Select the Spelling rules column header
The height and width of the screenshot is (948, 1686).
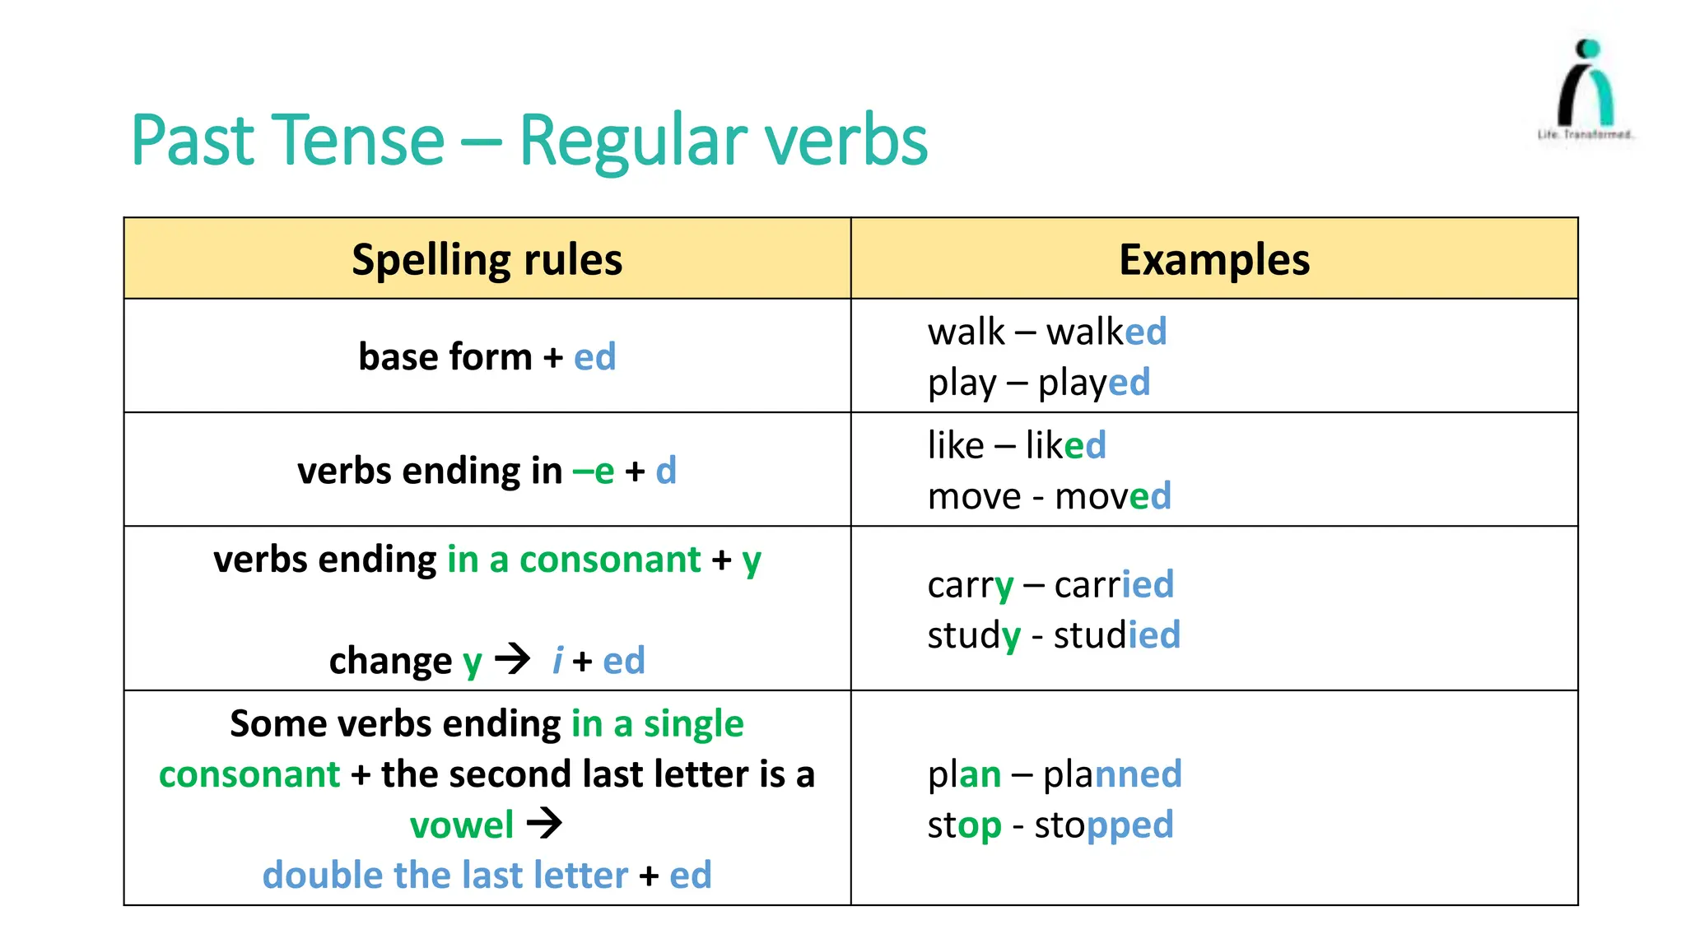click(x=487, y=260)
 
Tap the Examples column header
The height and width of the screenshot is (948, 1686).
click(x=1213, y=260)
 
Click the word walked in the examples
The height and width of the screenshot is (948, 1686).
click(x=1106, y=332)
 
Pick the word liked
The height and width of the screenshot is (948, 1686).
click(x=1065, y=446)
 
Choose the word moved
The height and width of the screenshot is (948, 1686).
click(x=1112, y=497)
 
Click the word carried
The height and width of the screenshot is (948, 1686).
click(x=1114, y=585)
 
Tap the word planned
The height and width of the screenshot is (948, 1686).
click(x=1111, y=775)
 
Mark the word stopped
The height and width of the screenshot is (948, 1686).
click(x=1103, y=825)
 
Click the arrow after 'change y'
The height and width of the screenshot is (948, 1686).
click(x=512, y=659)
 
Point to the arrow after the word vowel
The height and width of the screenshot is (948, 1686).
click(x=544, y=823)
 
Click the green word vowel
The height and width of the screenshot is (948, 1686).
click(x=462, y=825)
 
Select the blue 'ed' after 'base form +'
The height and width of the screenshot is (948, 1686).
click(x=594, y=357)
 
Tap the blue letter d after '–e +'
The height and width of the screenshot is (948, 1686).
click(x=666, y=472)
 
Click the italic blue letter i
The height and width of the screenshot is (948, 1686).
click(x=557, y=661)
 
